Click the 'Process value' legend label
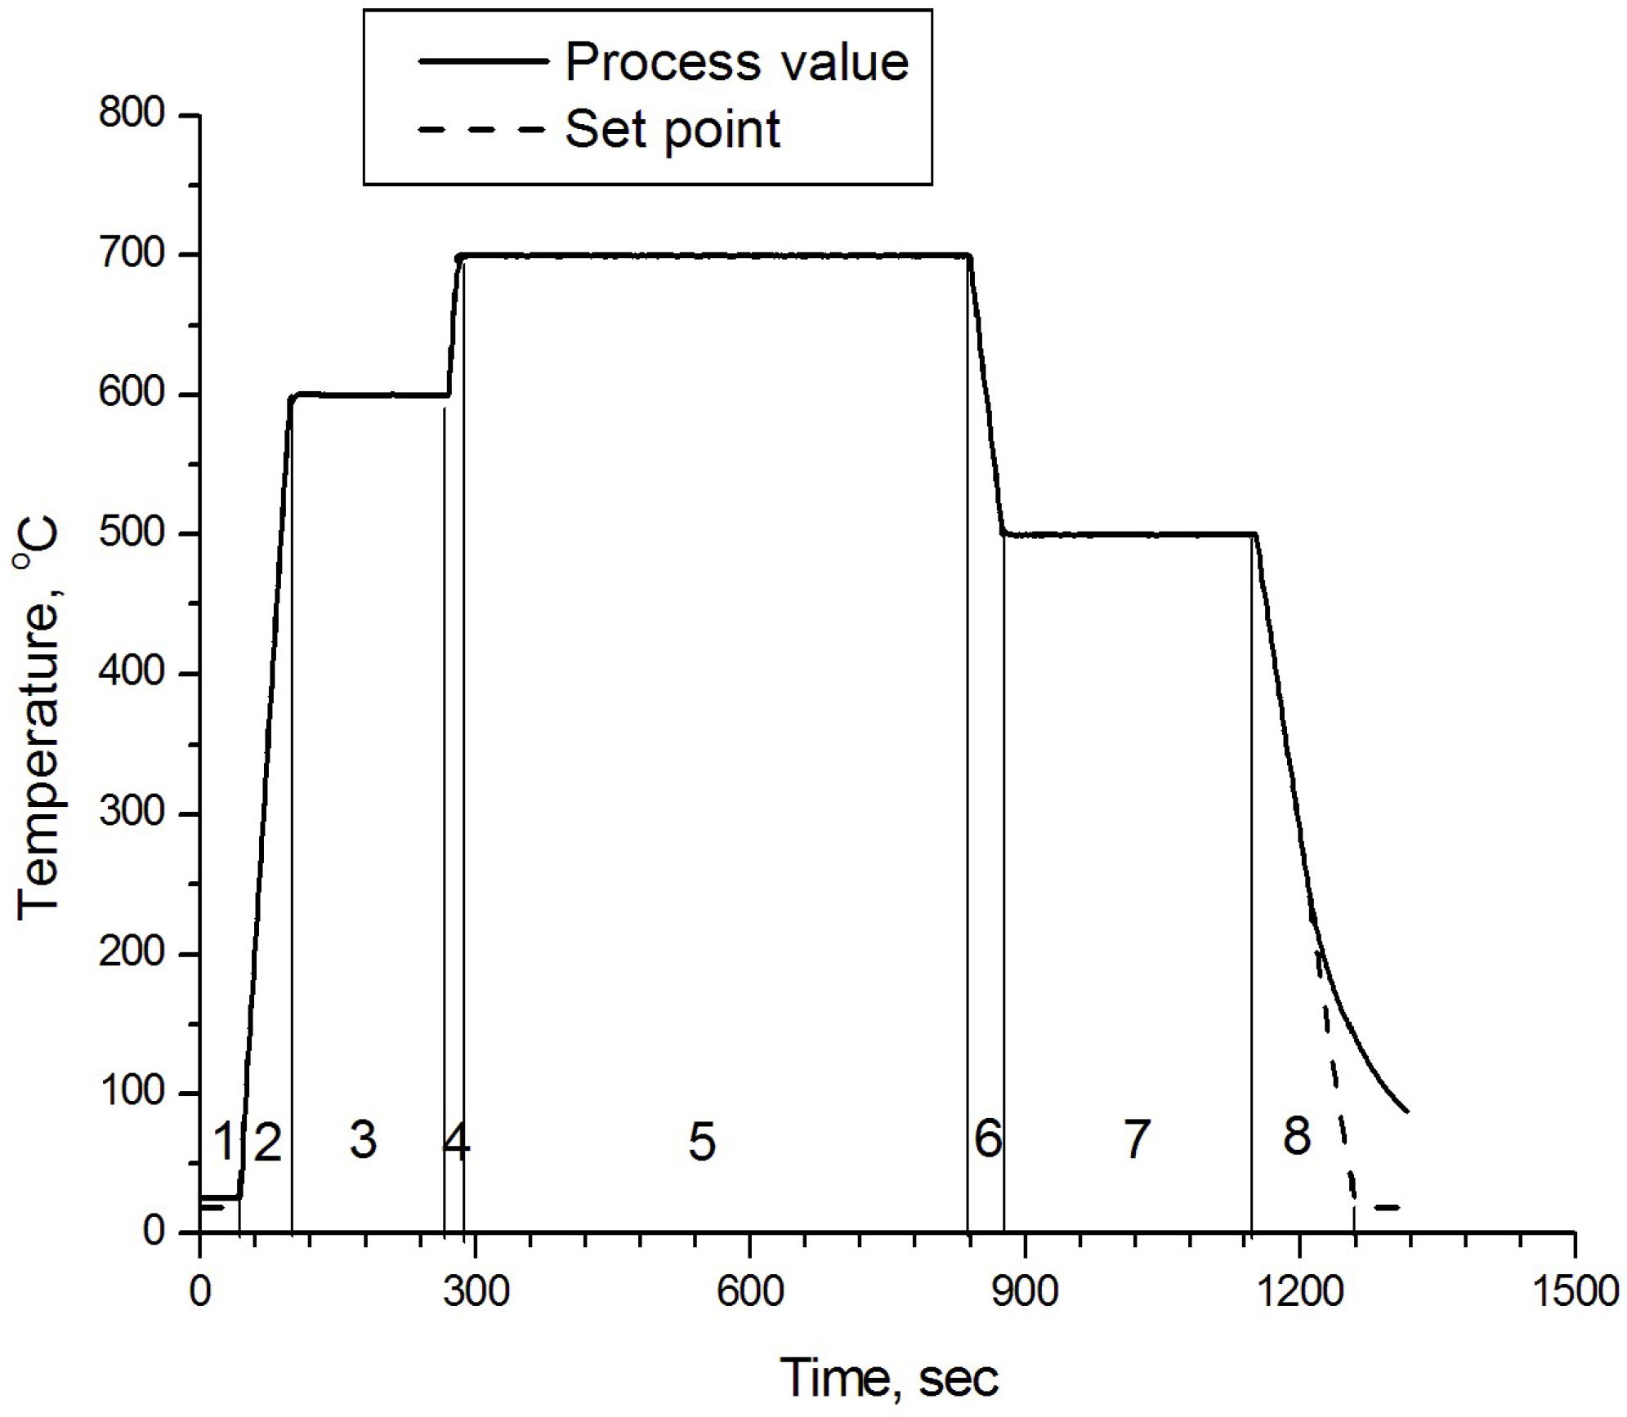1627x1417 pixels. coord(736,62)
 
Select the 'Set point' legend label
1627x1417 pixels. coord(673,130)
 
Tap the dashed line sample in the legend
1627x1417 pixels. coord(481,130)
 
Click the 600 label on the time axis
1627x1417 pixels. coord(749,1293)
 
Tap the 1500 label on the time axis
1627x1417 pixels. coord(1574,1293)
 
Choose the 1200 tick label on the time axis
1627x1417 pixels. coord(1299,1293)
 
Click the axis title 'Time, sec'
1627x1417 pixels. coord(889,1378)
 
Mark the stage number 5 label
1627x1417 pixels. coord(702,1142)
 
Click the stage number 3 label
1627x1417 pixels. coord(363,1139)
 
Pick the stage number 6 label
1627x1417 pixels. coord(988,1139)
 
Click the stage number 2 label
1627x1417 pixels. coord(267,1142)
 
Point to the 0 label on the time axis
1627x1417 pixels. coord(199,1293)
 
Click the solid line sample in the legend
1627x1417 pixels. coord(481,61)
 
